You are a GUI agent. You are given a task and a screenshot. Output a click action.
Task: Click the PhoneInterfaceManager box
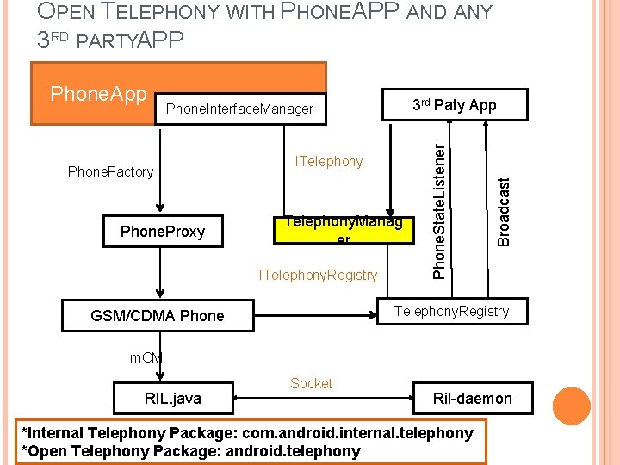coord(240,109)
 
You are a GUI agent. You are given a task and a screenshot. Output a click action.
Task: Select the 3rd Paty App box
coord(454,105)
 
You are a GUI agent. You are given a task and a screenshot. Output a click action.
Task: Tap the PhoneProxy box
coord(163,232)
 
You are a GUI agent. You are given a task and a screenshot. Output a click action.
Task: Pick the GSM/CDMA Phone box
coord(158,316)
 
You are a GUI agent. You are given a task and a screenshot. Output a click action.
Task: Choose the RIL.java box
coord(172,398)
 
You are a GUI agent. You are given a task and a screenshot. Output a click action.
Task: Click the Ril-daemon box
coord(472,398)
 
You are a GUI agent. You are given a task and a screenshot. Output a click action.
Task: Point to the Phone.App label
coord(98,93)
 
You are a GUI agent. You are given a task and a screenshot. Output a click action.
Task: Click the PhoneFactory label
coord(110,171)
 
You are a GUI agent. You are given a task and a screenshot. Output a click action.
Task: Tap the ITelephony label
coord(329,161)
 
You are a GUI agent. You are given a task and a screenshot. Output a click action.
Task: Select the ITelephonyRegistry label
coord(319,275)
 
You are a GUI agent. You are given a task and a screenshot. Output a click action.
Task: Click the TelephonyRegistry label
coord(451,311)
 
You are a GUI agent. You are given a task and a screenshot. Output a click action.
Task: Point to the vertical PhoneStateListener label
coord(439,210)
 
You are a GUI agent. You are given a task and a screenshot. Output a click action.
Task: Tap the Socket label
coord(311,383)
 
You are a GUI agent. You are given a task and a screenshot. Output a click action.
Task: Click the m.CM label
coord(146,356)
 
